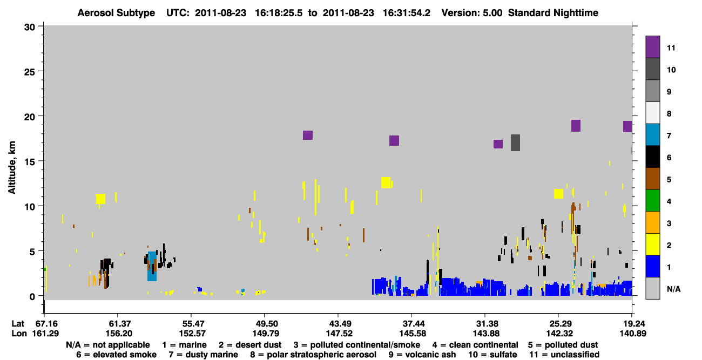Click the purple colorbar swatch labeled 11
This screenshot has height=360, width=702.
pyautogui.click(x=652, y=47)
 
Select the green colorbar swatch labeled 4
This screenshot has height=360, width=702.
pyautogui.click(x=652, y=201)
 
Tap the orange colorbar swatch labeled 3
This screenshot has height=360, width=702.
pyautogui.click(x=652, y=222)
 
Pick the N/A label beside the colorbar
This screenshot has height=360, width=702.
pyautogui.click(x=673, y=289)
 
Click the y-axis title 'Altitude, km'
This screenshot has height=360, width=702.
pyautogui.click(x=11, y=168)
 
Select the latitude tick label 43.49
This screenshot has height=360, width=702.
pyautogui.click(x=339, y=324)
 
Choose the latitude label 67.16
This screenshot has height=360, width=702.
pyautogui.click(x=45, y=324)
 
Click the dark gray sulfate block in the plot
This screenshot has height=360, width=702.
pyautogui.click(x=515, y=143)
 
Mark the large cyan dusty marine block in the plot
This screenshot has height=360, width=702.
pyautogui.click(x=152, y=266)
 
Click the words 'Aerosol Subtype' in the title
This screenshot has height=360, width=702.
pyautogui.click(x=116, y=13)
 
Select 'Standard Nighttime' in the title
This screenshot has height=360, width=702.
pyautogui.click(x=553, y=13)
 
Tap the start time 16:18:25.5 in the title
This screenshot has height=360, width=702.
pyautogui.click(x=279, y=13)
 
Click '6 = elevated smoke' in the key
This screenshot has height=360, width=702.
pyautogui.click(x=116, y=355)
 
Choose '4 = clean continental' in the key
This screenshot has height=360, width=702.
pyautogui.click(x=475, y=345)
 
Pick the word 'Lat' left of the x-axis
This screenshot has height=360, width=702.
pyautogui.click(x=18, y=324)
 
